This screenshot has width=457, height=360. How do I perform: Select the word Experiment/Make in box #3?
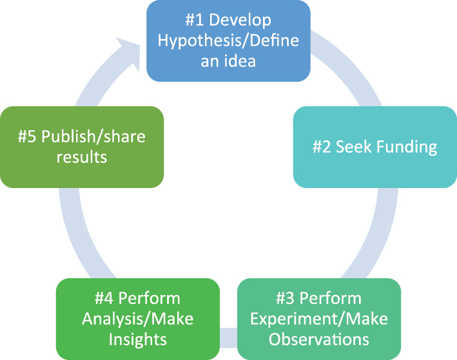[319, 319]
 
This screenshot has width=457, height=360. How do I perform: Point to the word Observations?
[319, 339]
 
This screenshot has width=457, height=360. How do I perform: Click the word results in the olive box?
[82, 156]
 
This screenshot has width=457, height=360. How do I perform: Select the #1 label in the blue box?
[196, 20]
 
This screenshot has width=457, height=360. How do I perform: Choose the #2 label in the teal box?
[322, 147]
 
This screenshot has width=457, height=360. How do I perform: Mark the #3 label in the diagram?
[286, 299]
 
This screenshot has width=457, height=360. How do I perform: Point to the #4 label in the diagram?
[104, 299]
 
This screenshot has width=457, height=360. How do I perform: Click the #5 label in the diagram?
[26, 137]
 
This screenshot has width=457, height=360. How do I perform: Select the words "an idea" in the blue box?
[228, 61]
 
